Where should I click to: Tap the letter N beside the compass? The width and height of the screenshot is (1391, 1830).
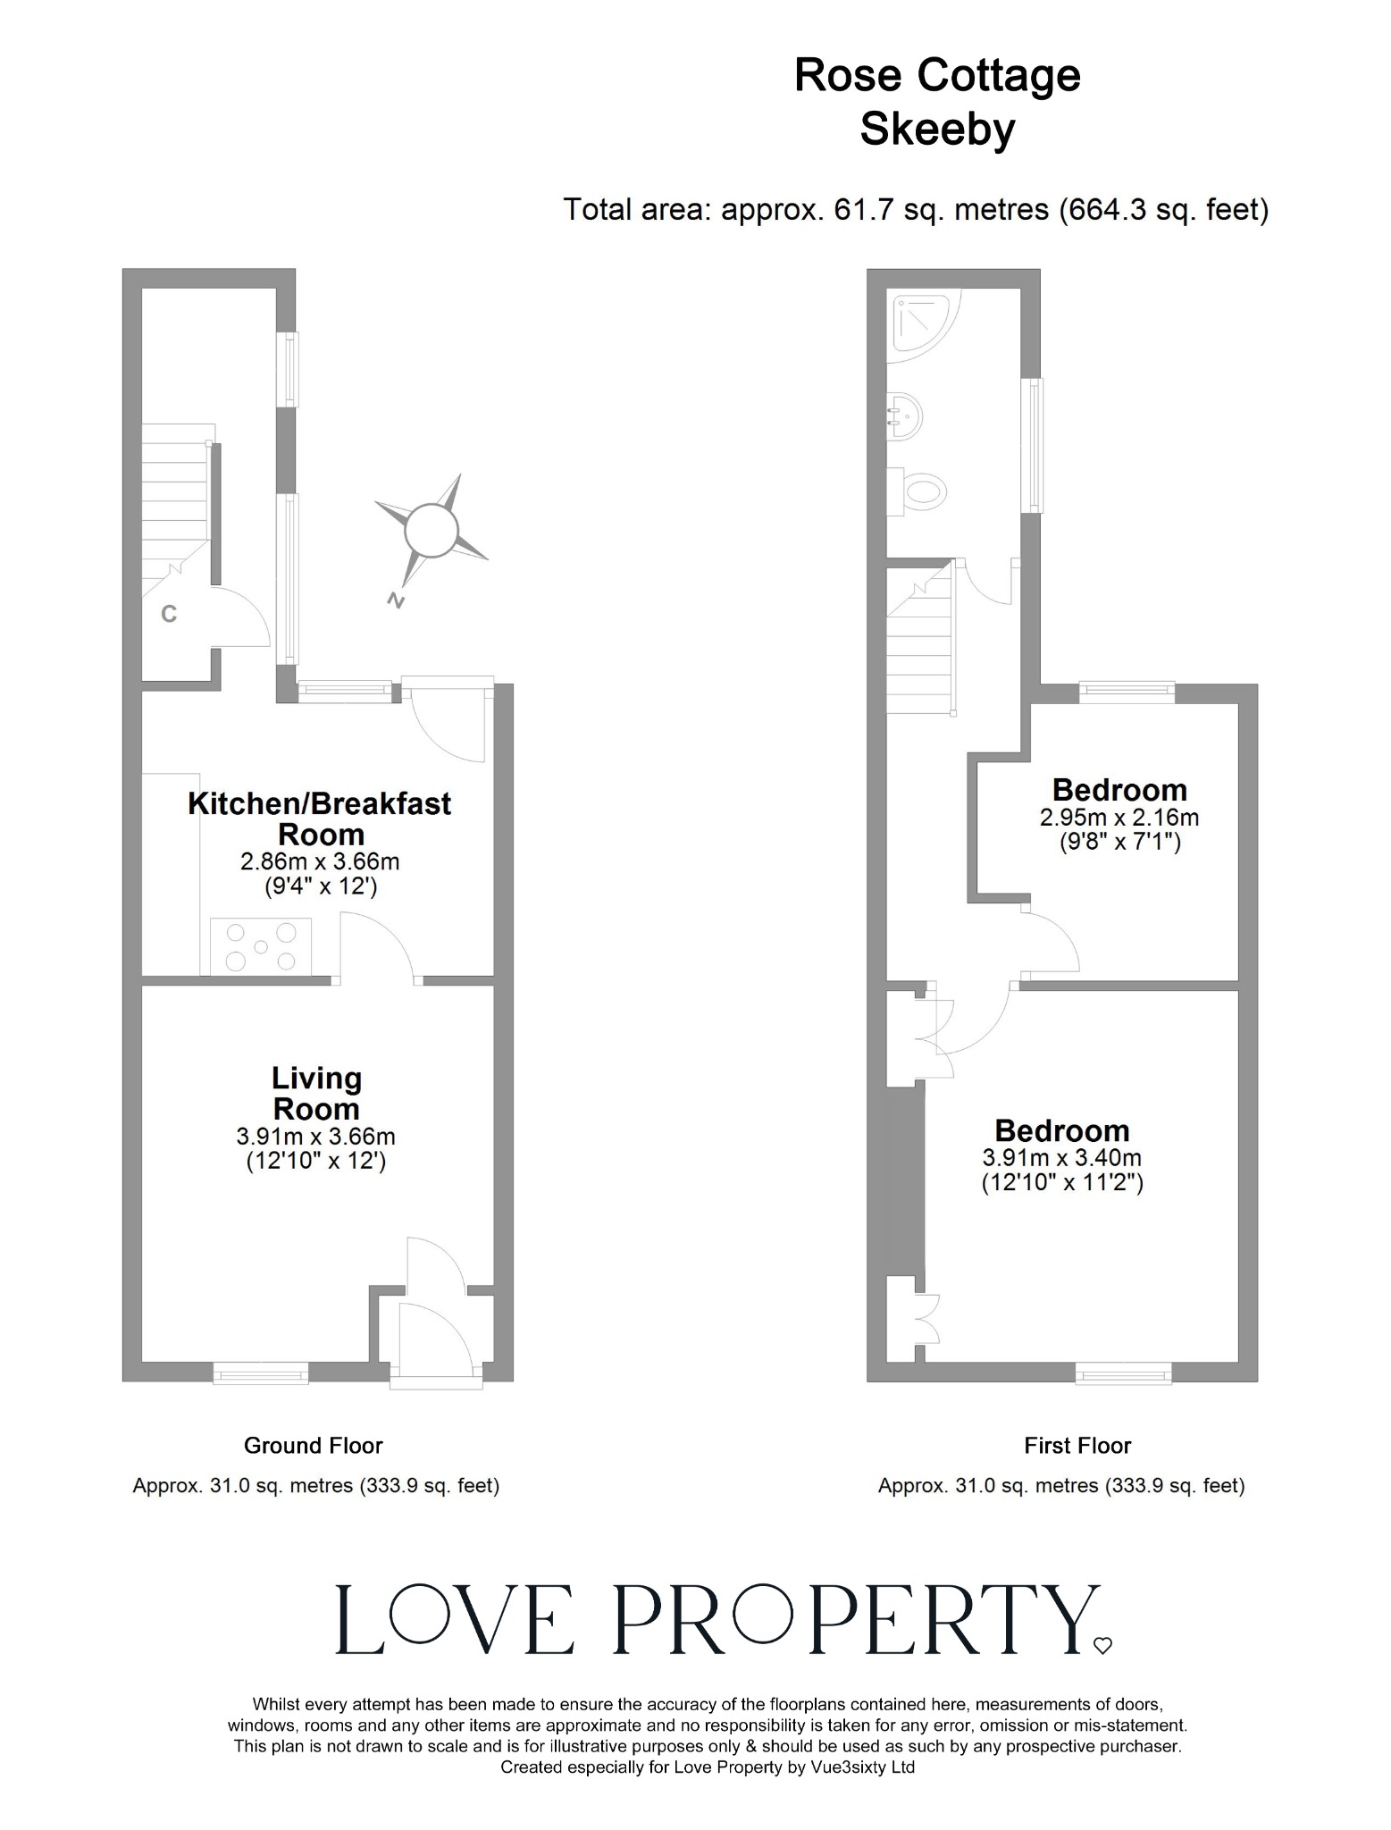click(x=395, y=600)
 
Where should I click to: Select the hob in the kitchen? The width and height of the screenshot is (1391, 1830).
click(x=261, y=945)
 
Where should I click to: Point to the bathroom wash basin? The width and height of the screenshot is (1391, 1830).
click(x=904, y=416)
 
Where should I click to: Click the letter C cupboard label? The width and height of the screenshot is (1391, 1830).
click(x=168, y=614)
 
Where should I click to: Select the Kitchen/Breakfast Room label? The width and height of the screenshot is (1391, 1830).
click(x=319, y=818)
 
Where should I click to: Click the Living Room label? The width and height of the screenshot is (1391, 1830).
click(x=316, y=1093)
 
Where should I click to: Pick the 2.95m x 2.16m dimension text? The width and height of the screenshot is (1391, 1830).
click(x=1119, y=817)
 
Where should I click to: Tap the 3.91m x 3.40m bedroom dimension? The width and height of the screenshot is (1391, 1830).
click(x=1061, y=1157)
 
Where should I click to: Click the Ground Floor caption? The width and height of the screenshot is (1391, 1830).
click(x=313, y=1446)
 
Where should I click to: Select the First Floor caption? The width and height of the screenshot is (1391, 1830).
click(x=1077, y=1446)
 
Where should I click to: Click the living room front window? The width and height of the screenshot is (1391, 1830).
click(x=260, y=1372)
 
